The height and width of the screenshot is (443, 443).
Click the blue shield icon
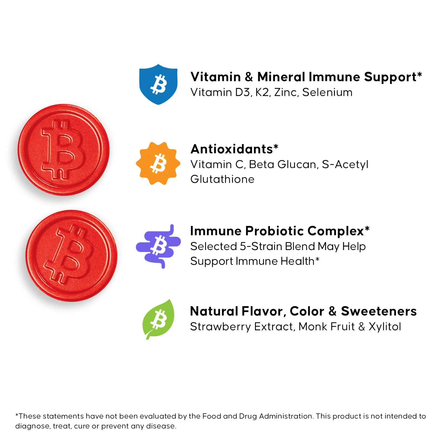tap(158, 84)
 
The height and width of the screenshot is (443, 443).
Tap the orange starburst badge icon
tap(158, 163)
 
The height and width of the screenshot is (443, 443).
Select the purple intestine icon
tap(158, 246)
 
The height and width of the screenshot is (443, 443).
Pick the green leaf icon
tap(158, 319)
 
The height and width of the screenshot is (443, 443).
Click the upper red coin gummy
tap(64, 150)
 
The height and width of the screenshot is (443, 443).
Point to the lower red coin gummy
tap(71, 256)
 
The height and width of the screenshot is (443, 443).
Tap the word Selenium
tap(327, 92)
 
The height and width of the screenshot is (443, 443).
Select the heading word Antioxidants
tap(232, 149)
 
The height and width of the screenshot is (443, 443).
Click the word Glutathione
tap(222, 179)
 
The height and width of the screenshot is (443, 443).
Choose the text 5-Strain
tap(261, 246)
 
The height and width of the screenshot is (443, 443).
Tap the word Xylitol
tap(385, 327)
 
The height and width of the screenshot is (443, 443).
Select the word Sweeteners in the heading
tap(379, 311)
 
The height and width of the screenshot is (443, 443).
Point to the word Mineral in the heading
tap(281, 77)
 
